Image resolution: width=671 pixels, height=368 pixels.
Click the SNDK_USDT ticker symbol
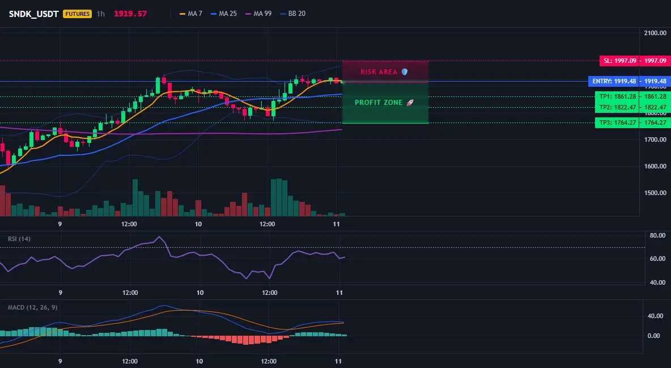click(34, 14)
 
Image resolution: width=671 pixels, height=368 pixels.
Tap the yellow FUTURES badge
click(78, 14)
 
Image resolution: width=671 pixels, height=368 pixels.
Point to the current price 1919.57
click(130, 14)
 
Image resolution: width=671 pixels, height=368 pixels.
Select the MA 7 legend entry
click(191, 14)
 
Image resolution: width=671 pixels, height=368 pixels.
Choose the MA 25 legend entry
click(224, 14)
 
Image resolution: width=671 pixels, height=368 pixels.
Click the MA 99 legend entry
click(258, 14)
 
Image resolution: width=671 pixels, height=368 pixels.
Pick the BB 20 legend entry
click(292, 14)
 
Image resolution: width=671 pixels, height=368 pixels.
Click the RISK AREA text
click(379, 72)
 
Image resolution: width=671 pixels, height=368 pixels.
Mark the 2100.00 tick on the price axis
click(655, 33)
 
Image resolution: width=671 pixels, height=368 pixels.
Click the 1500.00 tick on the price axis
click(655, 193)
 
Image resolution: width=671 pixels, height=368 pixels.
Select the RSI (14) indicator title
click(19, 239)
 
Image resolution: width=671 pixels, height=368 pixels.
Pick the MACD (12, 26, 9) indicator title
click(32, 307)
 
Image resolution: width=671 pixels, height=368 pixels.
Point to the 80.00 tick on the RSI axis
click(657, 235)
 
